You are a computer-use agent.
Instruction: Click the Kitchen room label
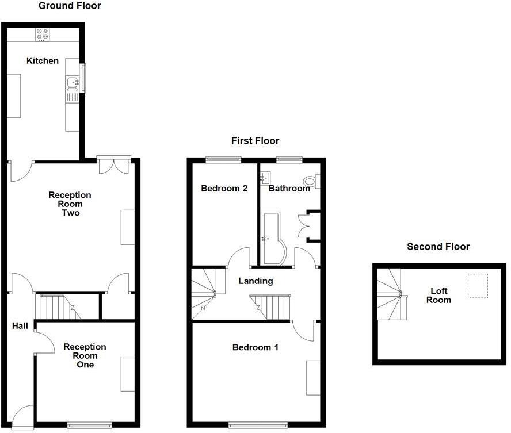[42, 60]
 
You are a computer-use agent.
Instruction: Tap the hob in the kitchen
[43, 35]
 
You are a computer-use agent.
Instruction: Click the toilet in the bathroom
[311, 182]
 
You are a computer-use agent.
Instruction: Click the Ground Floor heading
[70, 6]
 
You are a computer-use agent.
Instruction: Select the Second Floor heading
[438, 247]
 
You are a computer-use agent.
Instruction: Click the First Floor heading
[255, 141]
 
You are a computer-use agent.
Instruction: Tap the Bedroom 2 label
[224, 188]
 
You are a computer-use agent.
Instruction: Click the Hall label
[20, 326]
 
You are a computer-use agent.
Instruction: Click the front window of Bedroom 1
[258, 426]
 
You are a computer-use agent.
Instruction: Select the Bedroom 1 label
[255, 347]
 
